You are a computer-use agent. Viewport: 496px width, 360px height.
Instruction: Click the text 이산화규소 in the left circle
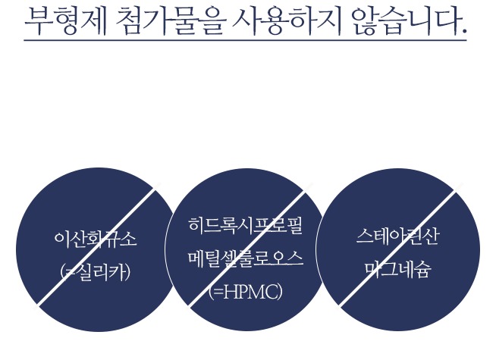pyautogui.click(x=96, y=240)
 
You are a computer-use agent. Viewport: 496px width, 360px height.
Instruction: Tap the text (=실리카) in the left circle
pyautogui.click(x=96, y=271)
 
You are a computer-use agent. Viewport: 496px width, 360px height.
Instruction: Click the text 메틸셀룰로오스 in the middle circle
pyautogui.click(x=245, y=258)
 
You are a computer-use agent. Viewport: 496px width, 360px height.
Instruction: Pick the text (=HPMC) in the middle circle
pyautogui.click(x=245, y=291)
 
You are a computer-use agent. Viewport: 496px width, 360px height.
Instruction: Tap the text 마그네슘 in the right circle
pyautogui.click(x=397, y=269)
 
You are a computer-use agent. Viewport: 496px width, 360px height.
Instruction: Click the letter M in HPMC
pyautogui.click(x=254, y=291)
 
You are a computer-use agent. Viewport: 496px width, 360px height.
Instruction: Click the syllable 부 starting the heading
pyautogui.click(x=38, y=20)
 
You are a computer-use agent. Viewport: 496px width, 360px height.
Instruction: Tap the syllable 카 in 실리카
pyautogui.click(x=118, y=271)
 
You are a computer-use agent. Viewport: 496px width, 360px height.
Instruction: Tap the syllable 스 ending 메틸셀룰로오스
pyautogui.click(x=294, y=258)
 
